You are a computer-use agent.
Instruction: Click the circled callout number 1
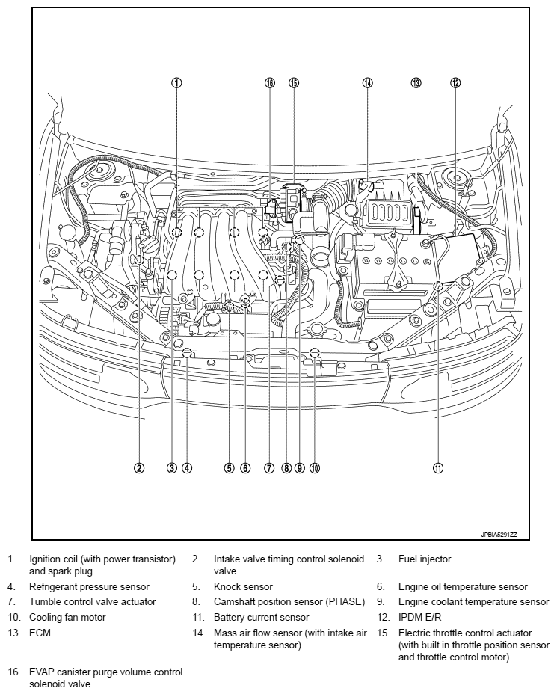pyautogui.click(x=176, y=83)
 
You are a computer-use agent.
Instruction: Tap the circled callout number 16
pyautogui.click(x=270, y=83)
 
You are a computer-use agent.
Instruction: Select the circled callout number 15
pyautogui.click(x=293, y=83)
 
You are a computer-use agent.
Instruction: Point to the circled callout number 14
pyautogui.click(x=367, y=83)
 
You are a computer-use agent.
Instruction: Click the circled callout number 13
pyautogui.click(x=416, y=83)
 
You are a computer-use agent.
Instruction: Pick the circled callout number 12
pyautogui.click(x=455, y=83)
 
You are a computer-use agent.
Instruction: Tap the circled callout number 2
pyautogui.click(x=139, y=468)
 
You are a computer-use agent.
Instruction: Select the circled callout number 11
pyautogui.click(x=438, y=468)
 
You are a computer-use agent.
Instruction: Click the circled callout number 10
pyautogui.click(x=314, y=468)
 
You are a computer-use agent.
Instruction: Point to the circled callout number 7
pyautogui.click(x=269, y=468)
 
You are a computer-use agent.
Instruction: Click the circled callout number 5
pyautogui.click(x=229, y=468)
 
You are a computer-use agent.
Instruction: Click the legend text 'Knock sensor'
pyautogui.click(x=243, y=587)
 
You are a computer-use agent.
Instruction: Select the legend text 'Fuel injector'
pyautogui.click(x=425, y=559)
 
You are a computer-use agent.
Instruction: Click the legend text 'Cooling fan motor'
pyautogui.click(x=67, y=618)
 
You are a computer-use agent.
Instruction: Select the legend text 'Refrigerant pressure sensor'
pyautogui.click(x=89, y=587)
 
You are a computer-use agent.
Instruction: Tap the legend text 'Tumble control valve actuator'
pyautogui.click(x=93, y=601)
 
